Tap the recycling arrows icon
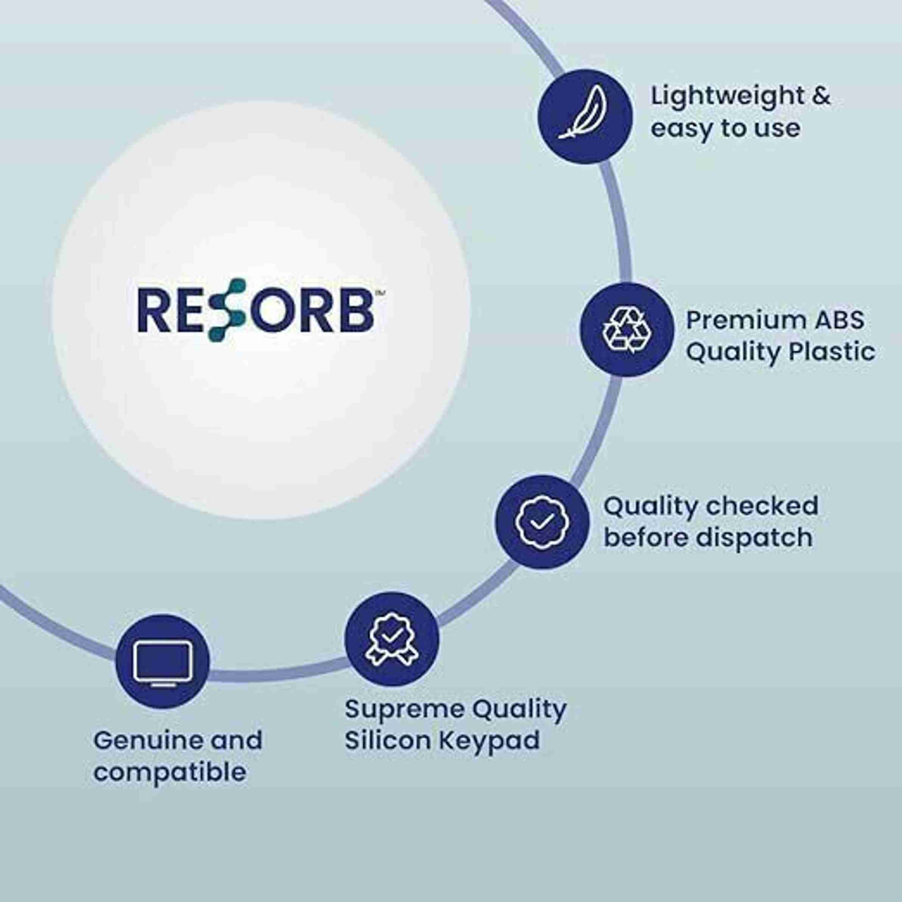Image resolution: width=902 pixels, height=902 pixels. point(627,329)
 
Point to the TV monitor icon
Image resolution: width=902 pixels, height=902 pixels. point(162,663)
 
